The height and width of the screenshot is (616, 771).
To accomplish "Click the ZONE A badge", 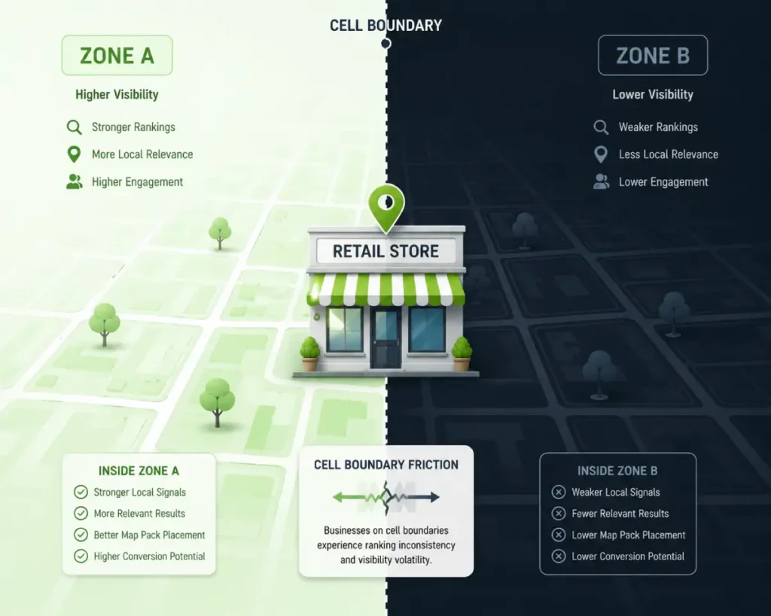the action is click(x=117, y=55).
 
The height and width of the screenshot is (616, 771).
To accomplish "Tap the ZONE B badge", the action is click(x=653, y=55).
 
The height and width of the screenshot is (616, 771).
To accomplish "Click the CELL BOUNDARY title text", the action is click(x=385, y=26).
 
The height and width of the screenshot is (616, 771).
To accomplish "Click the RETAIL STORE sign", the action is click(x=386, y=251).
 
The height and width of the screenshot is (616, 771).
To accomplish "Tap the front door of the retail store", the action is click(x=386, y=338).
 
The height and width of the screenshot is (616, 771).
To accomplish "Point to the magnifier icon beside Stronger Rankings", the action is click(x=75, y=127).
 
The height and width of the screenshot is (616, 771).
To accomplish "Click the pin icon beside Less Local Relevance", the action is click(x=600, y=155).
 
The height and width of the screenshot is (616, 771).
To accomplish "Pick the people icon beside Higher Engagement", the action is click(x=75, y=182).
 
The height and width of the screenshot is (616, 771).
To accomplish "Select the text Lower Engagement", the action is click(x=663, y=182).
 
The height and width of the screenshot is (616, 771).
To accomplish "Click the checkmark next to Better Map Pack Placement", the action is click(x=81, y=535).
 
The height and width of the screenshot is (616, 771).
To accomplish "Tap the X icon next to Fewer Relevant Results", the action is click(x=558, y=513).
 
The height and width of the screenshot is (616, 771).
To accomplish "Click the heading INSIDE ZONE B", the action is click(x=617, y=471).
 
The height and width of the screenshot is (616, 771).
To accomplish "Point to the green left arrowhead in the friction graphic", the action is click(x=338, y=497).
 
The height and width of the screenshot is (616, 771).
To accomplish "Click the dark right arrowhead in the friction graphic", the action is click(x=434, y=497).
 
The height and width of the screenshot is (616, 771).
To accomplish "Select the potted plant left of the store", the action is click(x=309, y=354).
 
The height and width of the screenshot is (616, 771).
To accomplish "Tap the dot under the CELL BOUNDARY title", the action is click(x=386, y=44).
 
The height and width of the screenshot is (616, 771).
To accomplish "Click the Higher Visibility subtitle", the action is click(x=117, y=94).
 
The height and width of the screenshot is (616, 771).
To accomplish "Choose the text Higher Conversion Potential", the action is click(x=150, y=556).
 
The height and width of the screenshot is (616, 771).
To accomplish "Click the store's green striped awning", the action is click(x=386, y=290).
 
